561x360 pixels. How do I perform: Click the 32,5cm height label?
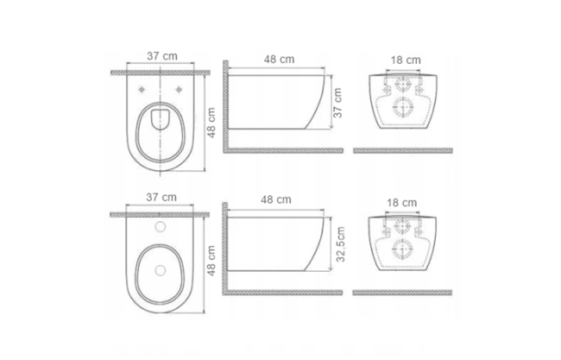click(341, 244)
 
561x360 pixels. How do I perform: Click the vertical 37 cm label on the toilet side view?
click(337, 103)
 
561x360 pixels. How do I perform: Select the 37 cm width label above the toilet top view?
click(162, 56)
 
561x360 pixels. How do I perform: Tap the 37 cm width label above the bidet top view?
click(161, 197)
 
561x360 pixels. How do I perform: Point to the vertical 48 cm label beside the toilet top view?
click(211, 123)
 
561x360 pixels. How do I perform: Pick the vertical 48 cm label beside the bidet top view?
click(211, 261)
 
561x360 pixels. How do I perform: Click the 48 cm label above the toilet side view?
click(279, 59)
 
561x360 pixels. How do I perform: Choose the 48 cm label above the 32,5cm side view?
click(276, 199)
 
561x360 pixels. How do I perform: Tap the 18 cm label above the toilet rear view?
click(406, 60)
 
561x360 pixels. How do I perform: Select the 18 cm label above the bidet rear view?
click(402, 203)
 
